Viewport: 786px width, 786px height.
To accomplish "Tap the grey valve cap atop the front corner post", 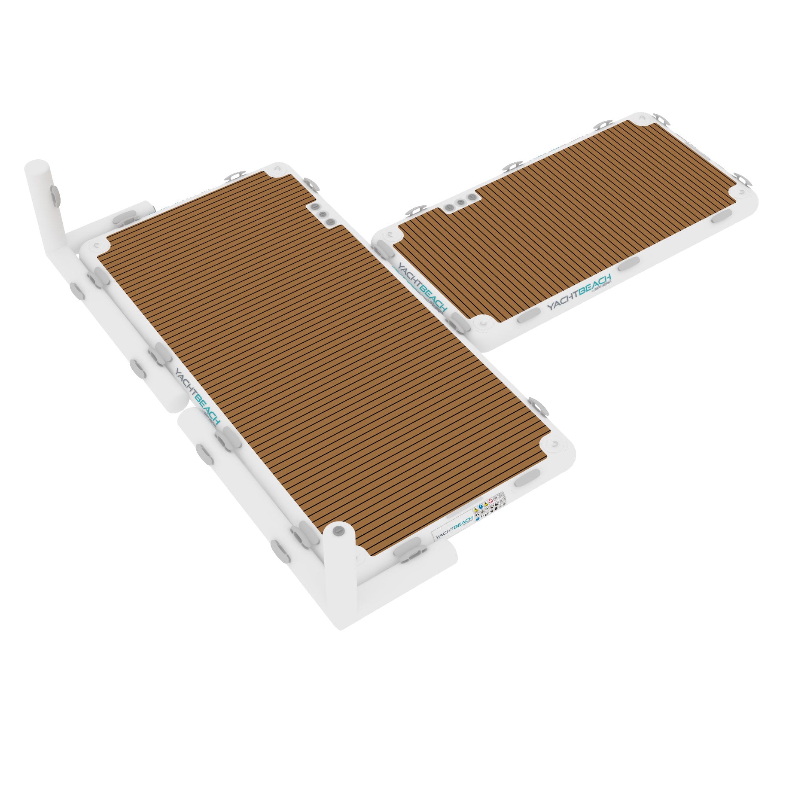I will coord(338,530).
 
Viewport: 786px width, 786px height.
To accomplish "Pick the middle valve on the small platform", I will coord(460,202).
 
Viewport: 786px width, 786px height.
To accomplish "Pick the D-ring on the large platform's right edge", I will coord(537,404).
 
